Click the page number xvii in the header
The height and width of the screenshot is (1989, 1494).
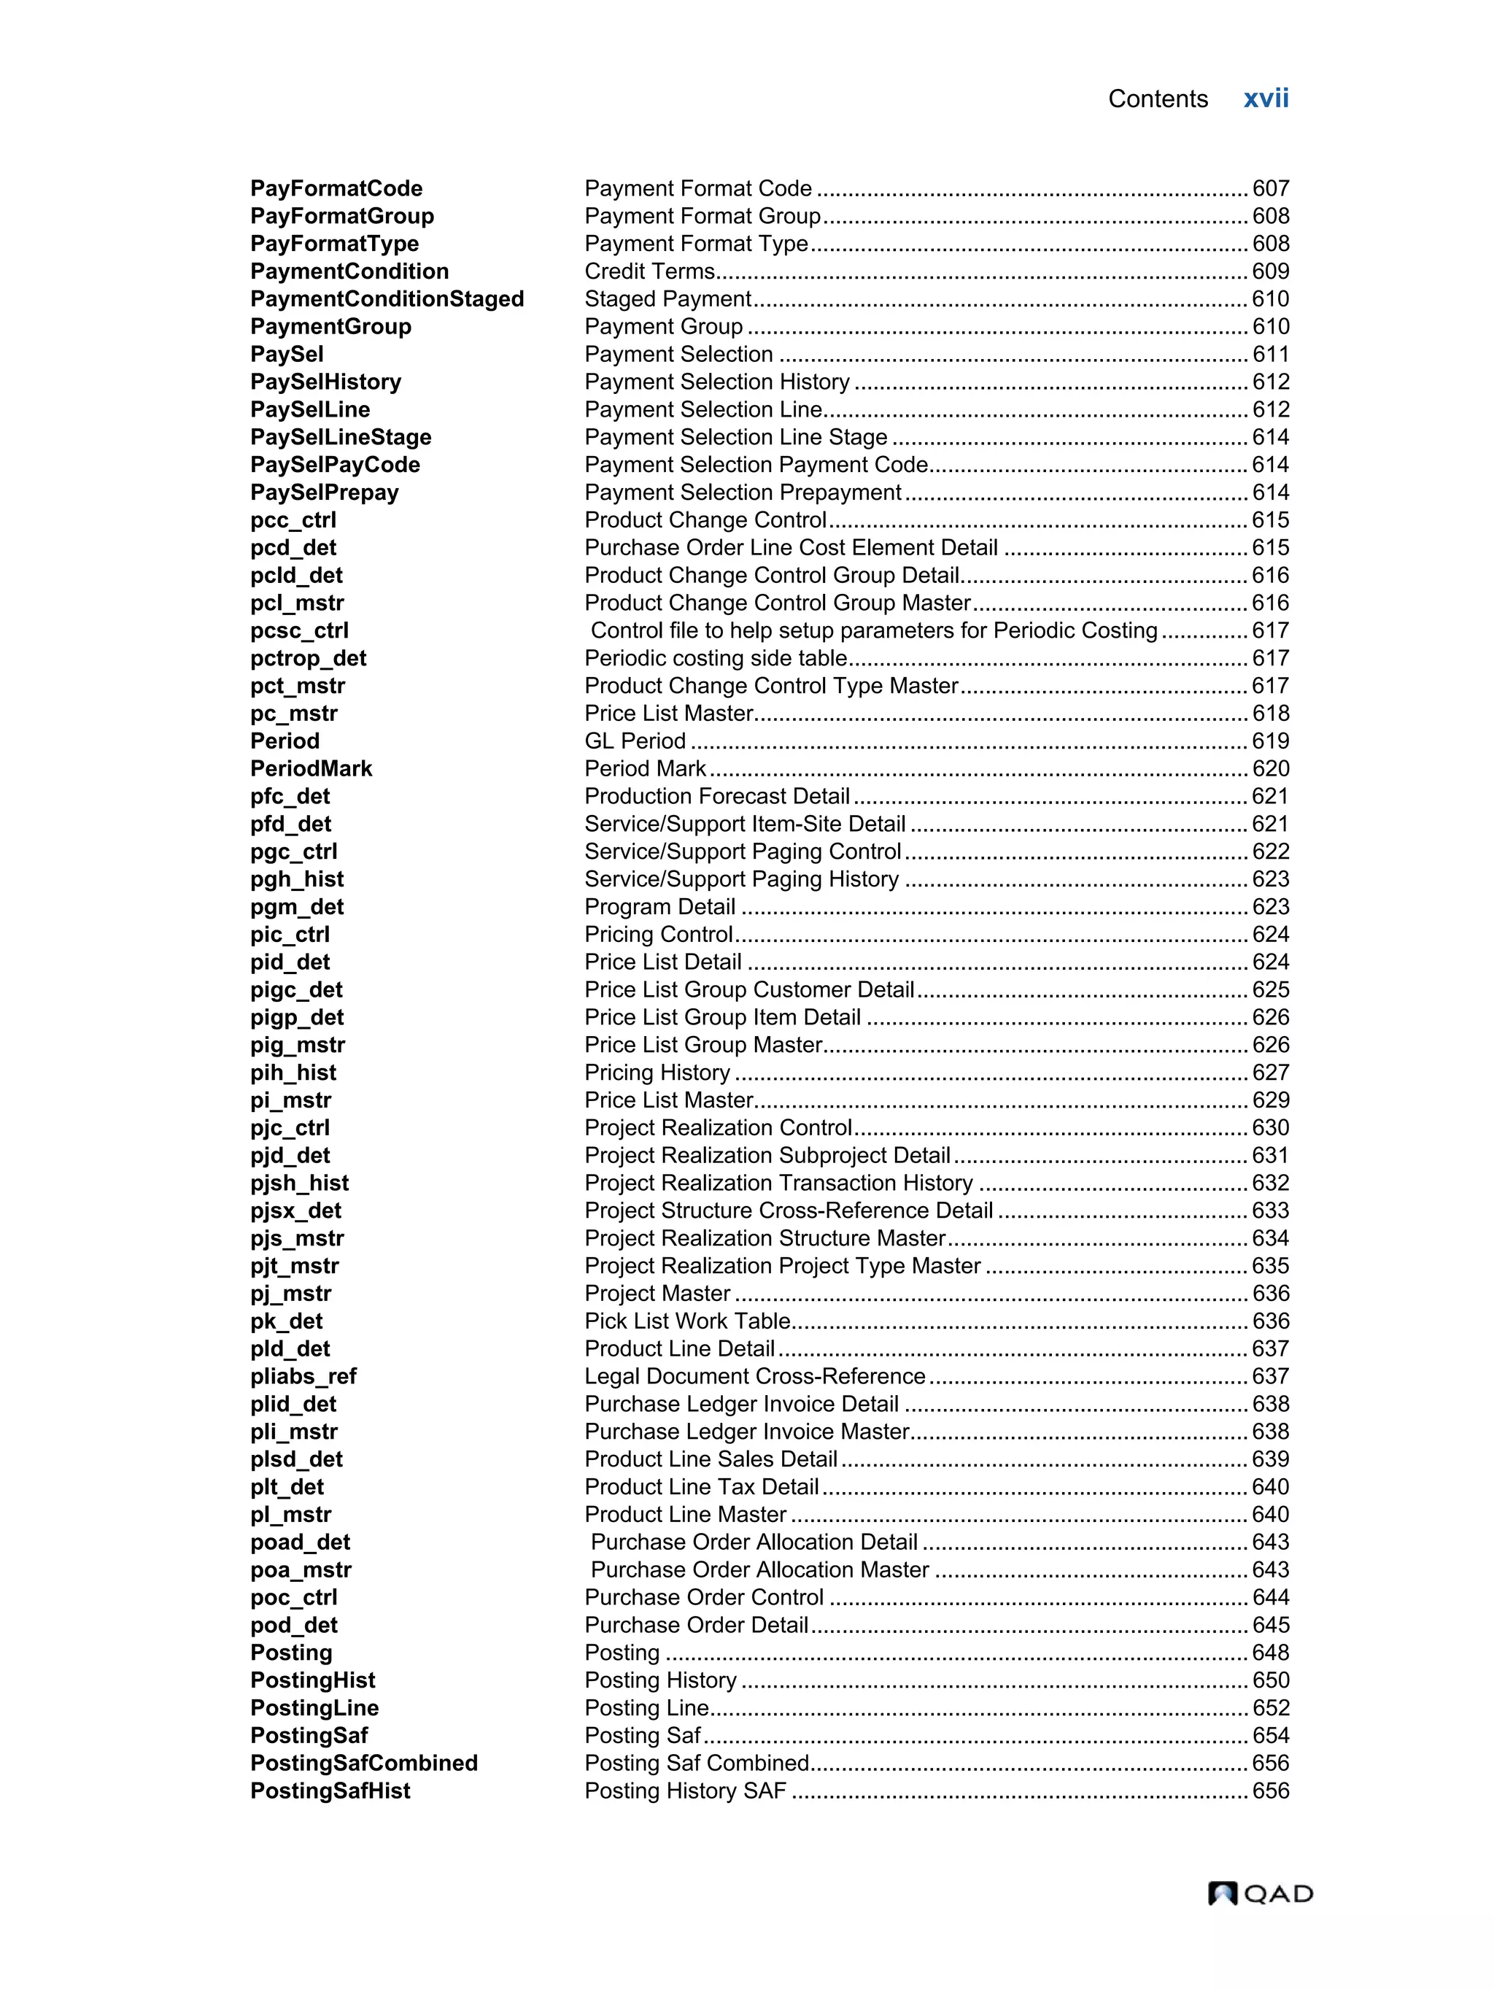click(1265, 99)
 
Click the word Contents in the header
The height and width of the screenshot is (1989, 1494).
click(1157, 99)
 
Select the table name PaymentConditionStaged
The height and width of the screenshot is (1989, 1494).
click(387, 299)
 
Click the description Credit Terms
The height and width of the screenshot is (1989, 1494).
click(649, 271)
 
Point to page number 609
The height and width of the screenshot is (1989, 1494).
click(1270, 271)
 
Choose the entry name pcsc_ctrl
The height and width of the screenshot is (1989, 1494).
click(299, 631)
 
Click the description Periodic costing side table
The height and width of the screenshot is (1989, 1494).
click(716, 658)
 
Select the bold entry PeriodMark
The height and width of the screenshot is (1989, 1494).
click(311, 769)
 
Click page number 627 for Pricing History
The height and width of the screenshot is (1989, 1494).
click(1270, 1073)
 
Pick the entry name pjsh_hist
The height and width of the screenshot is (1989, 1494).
click(299, 1183)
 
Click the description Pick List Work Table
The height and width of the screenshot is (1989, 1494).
click(686, 1321)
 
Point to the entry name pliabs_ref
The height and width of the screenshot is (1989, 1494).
click(303, 1377)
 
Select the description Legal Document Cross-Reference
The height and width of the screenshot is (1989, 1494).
click(754, 1377)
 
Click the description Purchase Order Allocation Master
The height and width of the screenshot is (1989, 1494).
click(759, 1570)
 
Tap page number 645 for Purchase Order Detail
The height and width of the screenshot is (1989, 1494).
click(1270, 1625)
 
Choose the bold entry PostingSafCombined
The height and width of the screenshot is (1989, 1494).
click(364, 1764)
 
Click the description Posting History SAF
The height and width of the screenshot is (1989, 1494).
click(685, 1791)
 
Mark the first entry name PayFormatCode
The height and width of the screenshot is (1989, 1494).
click(336, 189)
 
